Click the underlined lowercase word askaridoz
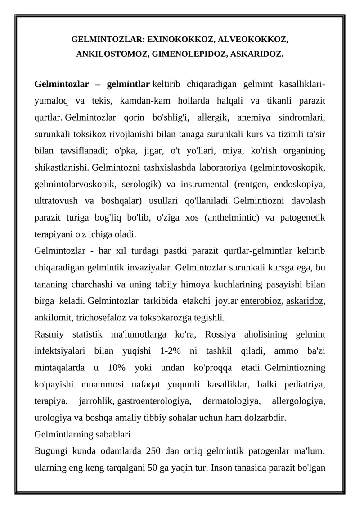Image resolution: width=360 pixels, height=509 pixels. click(x=305, y=302)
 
